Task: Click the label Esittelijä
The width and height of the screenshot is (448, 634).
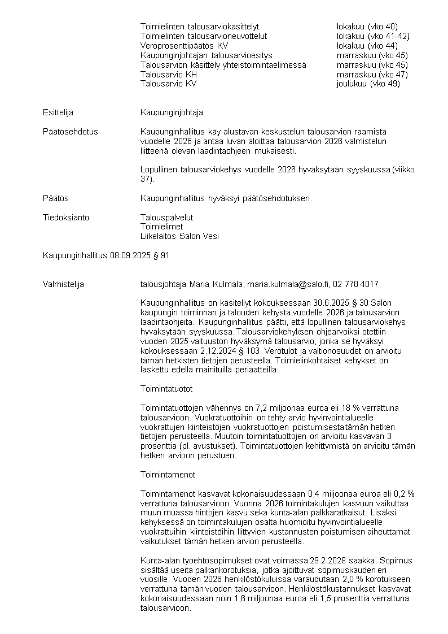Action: tap(58, 112)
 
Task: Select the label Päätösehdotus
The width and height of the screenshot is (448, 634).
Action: tap(70, 132)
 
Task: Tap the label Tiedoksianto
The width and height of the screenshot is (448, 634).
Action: tap(66, 218)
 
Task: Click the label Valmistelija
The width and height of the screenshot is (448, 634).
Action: tap(63, 284)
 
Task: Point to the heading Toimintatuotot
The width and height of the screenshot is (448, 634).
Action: tap(166, 389)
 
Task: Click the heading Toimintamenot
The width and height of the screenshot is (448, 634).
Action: tap(168, 475)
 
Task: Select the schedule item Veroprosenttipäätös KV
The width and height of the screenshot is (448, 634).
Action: tap(185, 45)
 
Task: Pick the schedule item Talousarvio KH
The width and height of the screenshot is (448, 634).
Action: tap(169, 74)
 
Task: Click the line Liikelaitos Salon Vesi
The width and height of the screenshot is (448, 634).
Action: tap(179, 237)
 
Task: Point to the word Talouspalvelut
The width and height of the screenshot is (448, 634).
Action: tap(166, 218)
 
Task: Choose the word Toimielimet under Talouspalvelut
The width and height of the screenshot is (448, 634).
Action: tap(161, 227)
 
